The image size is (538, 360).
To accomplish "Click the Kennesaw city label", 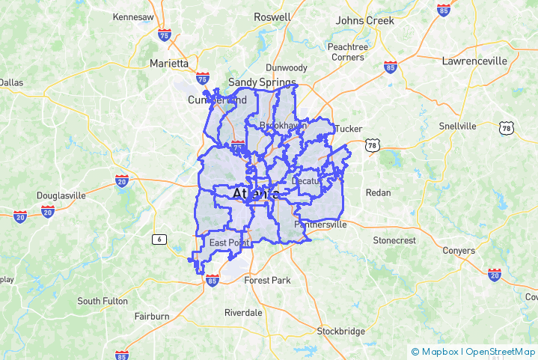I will coord(132,16).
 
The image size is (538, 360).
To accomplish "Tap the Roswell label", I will coord(272,16).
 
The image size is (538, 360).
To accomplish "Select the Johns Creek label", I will coord(364,20).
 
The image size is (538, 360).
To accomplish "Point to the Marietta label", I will coord(169,63).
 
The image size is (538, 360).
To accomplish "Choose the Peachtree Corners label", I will coord(348,52).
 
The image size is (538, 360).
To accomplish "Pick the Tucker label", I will coord(348,129).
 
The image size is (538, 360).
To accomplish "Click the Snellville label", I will coord(457,126).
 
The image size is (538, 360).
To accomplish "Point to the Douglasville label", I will coord(61,195).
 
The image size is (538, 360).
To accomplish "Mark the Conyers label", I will coord(458,251).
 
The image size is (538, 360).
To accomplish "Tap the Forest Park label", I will coord(267,280).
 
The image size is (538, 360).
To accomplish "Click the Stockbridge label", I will coord(340,331).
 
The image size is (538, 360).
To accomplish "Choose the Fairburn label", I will coord(152,316).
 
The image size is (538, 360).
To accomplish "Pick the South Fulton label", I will coord(103,301).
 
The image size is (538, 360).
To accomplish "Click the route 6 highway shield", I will coord(158,240).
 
